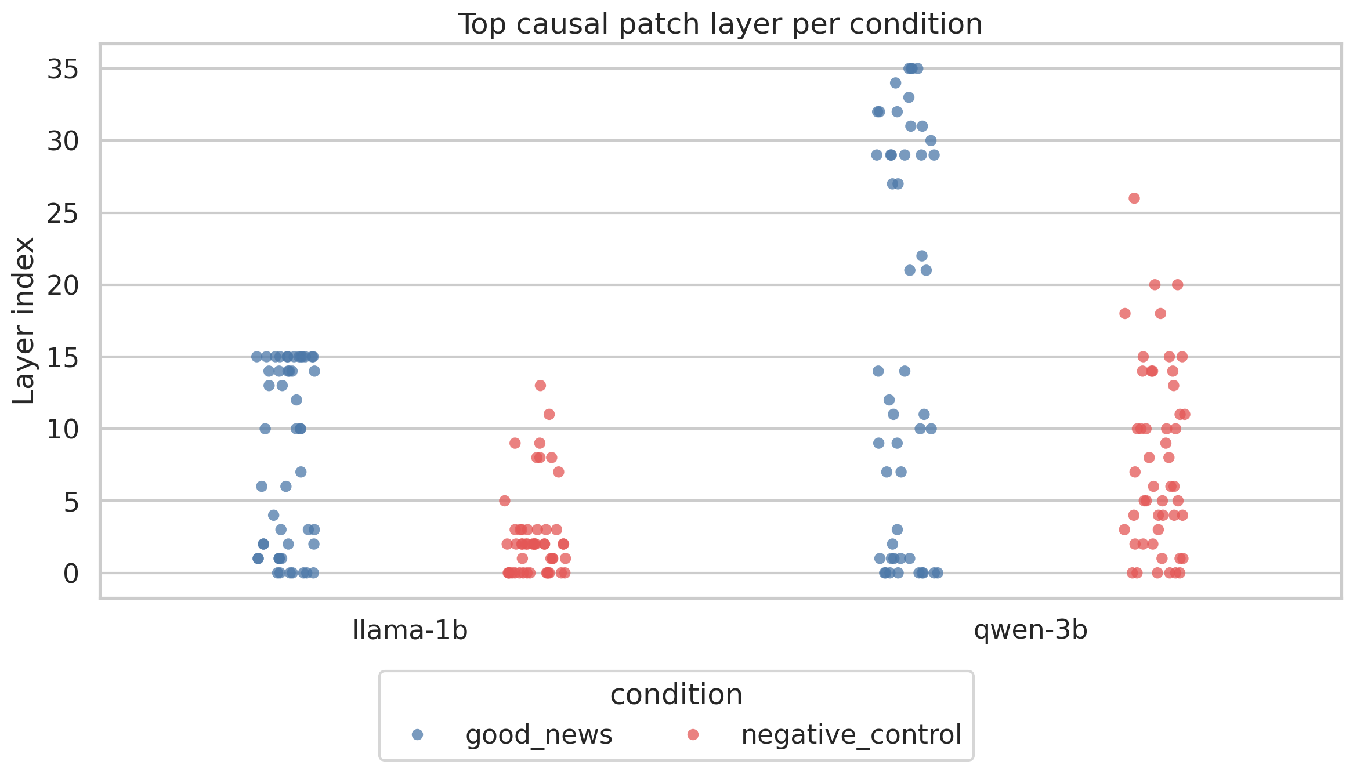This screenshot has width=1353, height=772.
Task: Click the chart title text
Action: click(x=720, y=24)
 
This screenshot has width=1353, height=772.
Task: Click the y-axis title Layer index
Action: click(x=24, y=320)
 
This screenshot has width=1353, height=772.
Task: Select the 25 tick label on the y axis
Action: click(x=63, y=214)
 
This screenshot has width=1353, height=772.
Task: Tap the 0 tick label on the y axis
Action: click(x=71, y=574)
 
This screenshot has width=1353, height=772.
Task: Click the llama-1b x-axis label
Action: click(x=410, y=630)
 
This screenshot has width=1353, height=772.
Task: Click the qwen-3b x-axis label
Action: click(x=1030, y=630)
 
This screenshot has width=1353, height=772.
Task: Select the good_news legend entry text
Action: click(x=538, y=735)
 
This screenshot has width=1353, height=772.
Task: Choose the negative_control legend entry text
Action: click(x=851, y=735)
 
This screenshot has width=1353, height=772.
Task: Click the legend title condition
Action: click(x=676, y=695)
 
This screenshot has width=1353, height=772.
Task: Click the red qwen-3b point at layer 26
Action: click(x=1134, y=198)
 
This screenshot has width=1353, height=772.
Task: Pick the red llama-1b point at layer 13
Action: click(x=540, y=386)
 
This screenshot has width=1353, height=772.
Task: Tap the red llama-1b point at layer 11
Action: click(x=549, y=414)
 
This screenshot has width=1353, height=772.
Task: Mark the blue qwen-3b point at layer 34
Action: click(x=895, y=83)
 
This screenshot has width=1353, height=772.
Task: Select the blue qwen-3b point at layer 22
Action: click(x=921, y=256)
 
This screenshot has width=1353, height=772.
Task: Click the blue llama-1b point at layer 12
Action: click(x=296, y=400)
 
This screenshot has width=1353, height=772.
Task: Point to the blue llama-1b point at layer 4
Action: click(x=273, y=515)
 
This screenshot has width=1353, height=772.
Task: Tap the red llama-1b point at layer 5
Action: click(x=505, y=501)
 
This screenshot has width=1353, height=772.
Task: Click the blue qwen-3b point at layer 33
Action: click(x=909, y=97)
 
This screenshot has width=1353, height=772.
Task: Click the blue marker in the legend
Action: click(x=417, y=735)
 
